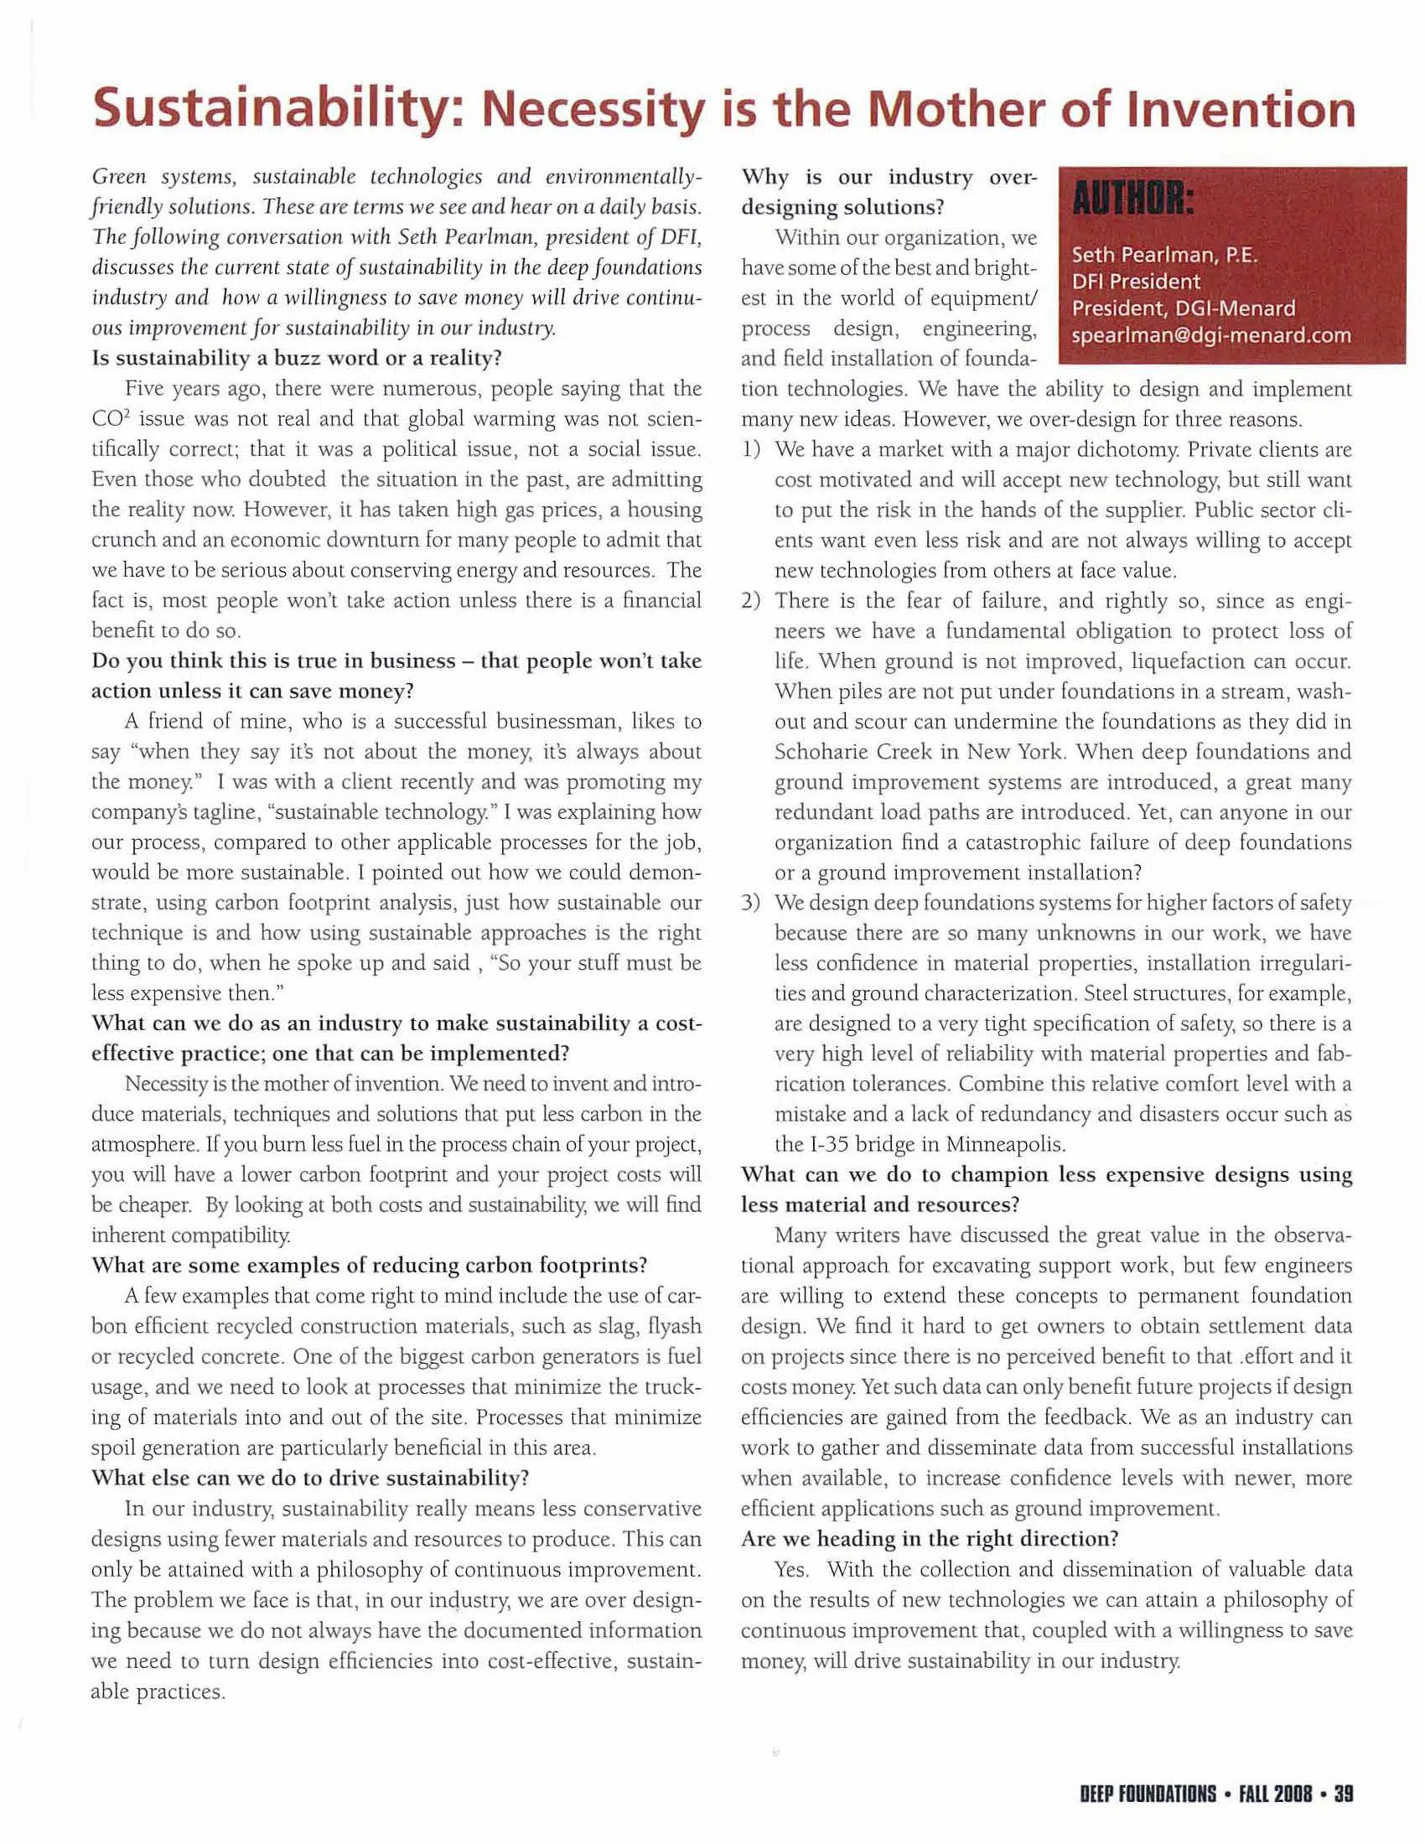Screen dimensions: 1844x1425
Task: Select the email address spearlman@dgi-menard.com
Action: [1210, 335]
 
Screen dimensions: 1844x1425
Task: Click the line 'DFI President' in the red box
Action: [1136, 281]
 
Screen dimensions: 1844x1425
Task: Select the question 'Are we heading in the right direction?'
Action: [930, 1538]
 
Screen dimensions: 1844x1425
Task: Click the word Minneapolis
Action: [1005, 1145]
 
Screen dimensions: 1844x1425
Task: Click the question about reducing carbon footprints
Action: [369, 1266]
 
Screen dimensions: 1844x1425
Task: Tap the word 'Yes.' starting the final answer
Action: [792, 1569]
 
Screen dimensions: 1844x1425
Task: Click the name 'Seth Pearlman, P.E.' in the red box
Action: [1164, 254]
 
